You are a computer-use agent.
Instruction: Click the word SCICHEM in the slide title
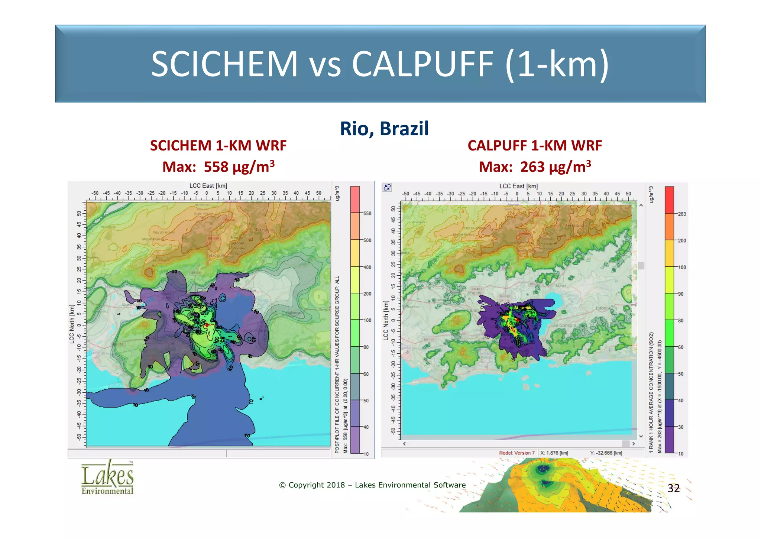(224, 64)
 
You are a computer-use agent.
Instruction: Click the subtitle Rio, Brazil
(384, 129)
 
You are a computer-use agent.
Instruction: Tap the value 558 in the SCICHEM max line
(216, 167)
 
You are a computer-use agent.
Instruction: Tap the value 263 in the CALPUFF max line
(532, 167)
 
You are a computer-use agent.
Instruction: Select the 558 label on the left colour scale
(367, 213)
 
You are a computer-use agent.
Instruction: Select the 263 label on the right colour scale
(682, 214)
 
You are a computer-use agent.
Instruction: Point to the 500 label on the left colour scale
(367, 240)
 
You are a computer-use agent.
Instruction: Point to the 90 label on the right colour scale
(681, 294)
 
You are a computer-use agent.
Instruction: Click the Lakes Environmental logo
(107, 477)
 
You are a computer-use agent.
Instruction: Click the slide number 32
(673, 488)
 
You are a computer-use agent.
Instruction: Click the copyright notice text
(372, 485)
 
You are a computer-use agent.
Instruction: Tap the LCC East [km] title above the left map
(208, 186)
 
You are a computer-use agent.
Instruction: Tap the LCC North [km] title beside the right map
(386, 320)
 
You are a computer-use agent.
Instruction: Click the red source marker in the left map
(207, 325)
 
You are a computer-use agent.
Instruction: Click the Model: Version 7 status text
(516, 453)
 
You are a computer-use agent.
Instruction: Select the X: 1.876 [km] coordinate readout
(554, 453)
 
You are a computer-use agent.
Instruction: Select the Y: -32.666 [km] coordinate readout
(606, 453)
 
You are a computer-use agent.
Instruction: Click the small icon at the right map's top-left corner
(387, 187)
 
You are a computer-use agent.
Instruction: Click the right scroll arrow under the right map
(634, 444)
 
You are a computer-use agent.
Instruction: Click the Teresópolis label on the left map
(266, 230)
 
